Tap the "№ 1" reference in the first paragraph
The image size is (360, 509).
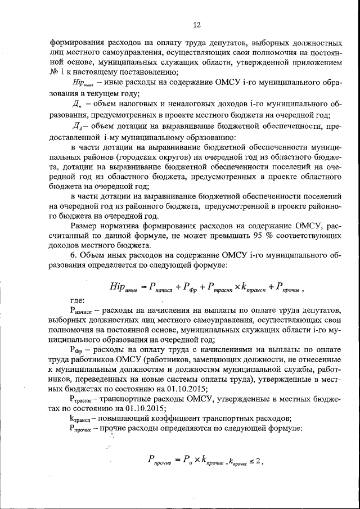56,71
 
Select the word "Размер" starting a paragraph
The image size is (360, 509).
85,226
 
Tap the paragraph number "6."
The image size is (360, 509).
73,256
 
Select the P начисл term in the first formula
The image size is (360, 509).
160,287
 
